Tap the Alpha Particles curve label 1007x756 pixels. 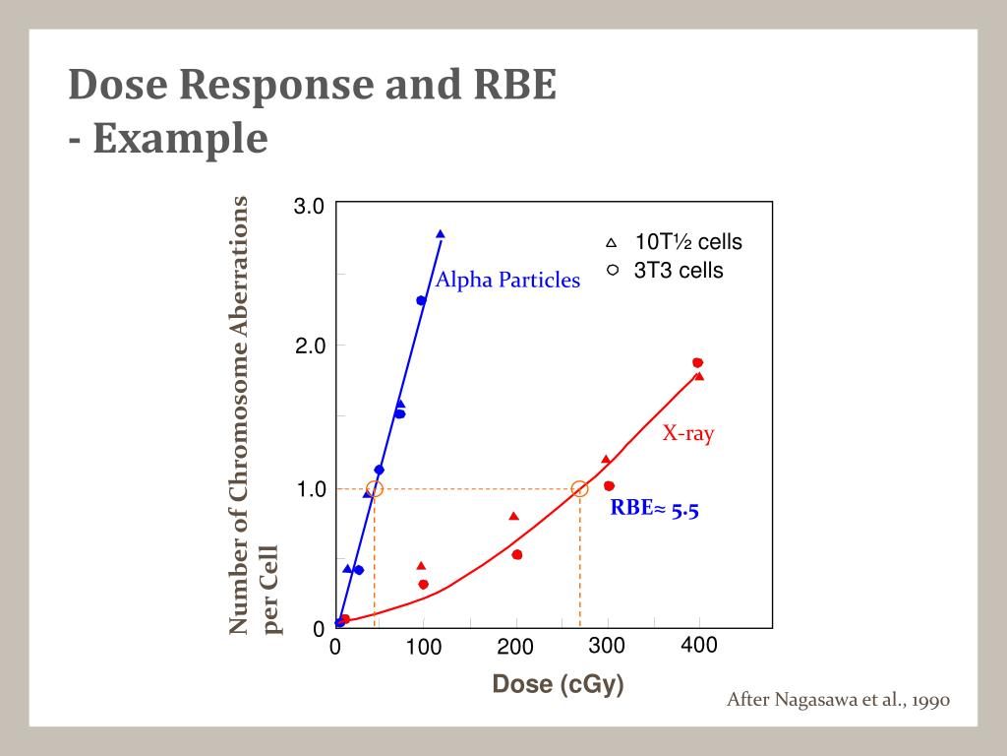point(507,281)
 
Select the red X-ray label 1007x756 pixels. point(687,433)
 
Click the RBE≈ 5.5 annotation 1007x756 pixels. point(654,509)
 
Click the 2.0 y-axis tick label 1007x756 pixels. point(311,346)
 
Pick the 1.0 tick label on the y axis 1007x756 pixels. point(311,489)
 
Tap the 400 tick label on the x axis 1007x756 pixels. point(699,646)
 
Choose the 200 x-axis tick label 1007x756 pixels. point(514,648)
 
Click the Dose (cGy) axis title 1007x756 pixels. point(559,684)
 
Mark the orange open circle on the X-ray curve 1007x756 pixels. point(579,489)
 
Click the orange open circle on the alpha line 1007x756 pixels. point(374,489)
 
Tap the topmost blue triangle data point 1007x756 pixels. point(440,234)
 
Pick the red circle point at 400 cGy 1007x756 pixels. point(697,363)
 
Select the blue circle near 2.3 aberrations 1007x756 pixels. point(421,301)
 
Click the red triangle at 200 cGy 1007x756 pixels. point(513,516)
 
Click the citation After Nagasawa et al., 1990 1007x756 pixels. point(837,701)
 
